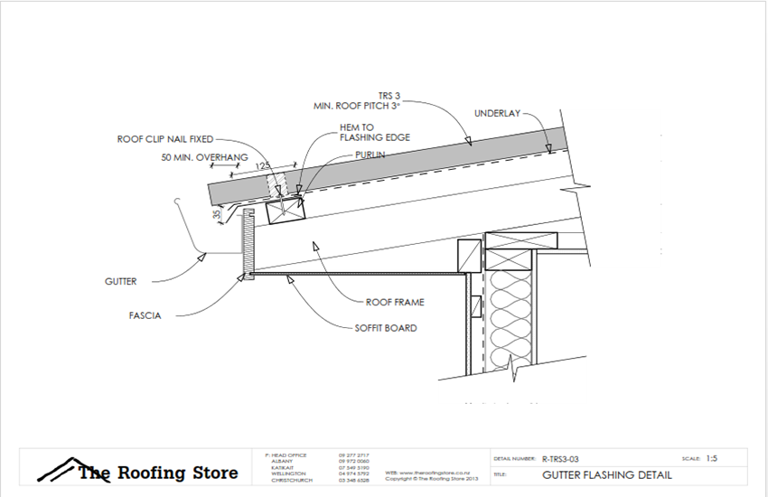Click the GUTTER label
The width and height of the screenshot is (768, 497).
(119, 281)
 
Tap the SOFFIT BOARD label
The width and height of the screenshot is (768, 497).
(386, 328)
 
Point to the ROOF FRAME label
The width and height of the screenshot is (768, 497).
(394, 303)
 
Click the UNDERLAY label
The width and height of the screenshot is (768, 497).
(498, 114)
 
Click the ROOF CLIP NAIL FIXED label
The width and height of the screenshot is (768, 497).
(166, 140)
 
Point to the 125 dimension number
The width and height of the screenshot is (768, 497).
(263, 166)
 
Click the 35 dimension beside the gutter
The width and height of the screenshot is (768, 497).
(218, 215)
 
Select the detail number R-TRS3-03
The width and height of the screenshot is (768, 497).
(566, 458)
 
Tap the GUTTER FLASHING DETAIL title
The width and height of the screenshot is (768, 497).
(598, 474)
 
